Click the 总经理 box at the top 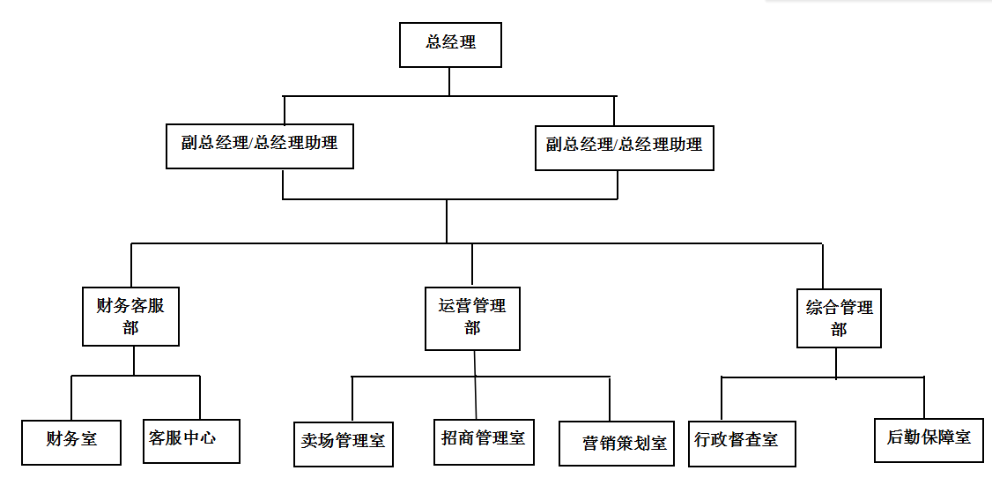click(x=450, y=45)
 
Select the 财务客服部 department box click(x=130, y=316)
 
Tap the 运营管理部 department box click(x=472, y=317)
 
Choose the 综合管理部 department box click(x=839, y=317)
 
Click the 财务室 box click(x=71, y=441)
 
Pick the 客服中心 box click(x=191, y=440)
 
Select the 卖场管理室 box click(x=343, y=443)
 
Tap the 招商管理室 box click(x=483, y=439)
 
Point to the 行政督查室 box click(x=743, y=442)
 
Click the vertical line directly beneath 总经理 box click(x=449, y=81)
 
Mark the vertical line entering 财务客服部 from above click(x=131, y=265)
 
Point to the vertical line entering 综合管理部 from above click(x=822, y=265)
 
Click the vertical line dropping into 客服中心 click(x=200, y=398)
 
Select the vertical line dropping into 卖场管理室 click(x=352, y=399)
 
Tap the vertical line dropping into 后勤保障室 click(x=924, y=397)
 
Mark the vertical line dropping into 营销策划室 click(x=610, y=399)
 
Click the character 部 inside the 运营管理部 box click(x=472, y=328)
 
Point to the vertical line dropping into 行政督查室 click(x=722, y=398)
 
